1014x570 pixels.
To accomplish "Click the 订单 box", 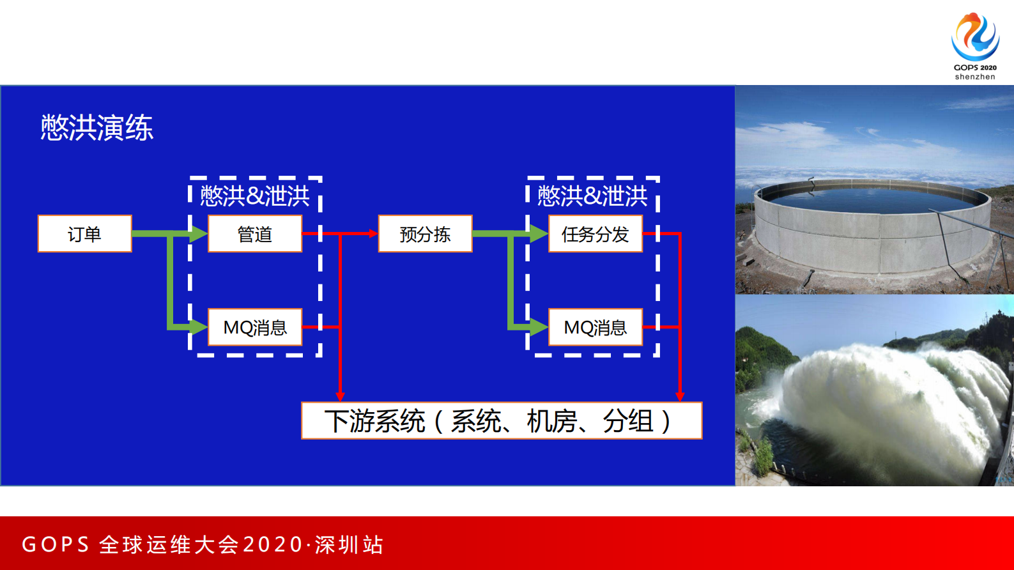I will tap(85, 234).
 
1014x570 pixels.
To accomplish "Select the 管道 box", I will tap(255, 234).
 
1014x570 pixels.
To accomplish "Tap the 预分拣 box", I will tap(425, 234).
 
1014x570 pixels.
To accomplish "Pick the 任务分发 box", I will tap(595, 234).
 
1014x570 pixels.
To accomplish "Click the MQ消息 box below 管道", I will tap(255, 327).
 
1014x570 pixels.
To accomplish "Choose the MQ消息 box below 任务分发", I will tap(595, 327).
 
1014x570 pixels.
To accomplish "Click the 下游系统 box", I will tap(502, 420).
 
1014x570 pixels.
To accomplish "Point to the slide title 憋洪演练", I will tap(97, 128).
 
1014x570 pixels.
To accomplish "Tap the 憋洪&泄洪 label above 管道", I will tap(255, 196).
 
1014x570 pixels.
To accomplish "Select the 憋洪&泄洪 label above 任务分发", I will tap(592, 196).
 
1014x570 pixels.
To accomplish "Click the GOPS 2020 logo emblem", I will tap(975, 36).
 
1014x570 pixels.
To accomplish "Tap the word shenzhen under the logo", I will tap(975, 77).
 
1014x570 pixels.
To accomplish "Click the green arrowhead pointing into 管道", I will tap(199, 234).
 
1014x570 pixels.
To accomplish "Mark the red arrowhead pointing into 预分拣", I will tap(373, 234).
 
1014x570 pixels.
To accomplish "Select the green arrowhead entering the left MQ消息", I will tap(199, 327).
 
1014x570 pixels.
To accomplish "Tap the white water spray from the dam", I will tap(882, 396).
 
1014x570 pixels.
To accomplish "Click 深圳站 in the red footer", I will tap(349, 544).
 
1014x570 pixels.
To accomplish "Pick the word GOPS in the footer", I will tap(56, 544).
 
